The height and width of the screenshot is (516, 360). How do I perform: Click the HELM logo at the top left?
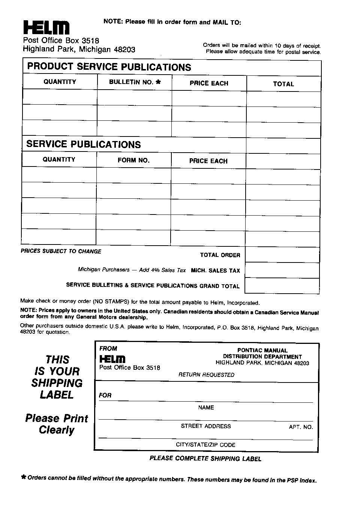[46, 27]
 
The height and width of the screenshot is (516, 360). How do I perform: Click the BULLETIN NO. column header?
[135, 82]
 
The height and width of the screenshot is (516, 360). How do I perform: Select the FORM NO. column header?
[133, 160]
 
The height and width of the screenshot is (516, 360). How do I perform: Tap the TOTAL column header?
[283, 84]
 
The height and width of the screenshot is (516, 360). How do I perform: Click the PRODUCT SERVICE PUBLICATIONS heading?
[109, 67]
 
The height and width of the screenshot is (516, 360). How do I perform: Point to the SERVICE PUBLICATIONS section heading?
[84, 144]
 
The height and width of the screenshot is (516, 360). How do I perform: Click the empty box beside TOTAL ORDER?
[282, 255]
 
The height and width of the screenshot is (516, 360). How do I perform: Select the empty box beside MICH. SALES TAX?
[282, 270]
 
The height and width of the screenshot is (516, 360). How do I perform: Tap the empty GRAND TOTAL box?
[282, 286]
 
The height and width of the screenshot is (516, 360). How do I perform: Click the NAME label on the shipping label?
[206, 408]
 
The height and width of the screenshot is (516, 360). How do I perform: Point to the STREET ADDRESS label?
[206, 426]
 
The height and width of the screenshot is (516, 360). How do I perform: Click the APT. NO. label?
[301, 427]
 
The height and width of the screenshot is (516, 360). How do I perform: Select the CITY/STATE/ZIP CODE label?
[205, 445]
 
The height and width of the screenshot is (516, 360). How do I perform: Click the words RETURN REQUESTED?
[206, 375]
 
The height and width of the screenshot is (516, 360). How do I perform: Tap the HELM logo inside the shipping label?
[112, 359]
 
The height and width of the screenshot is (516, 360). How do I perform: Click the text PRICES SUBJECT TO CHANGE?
[61, 251]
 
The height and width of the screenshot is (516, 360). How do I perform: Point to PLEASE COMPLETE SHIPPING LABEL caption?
[205, 458]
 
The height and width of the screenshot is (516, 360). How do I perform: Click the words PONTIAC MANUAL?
[262, 350]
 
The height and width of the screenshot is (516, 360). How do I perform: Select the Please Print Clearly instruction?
[57, 424]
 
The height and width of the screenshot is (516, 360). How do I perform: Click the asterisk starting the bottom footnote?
[24, 477]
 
